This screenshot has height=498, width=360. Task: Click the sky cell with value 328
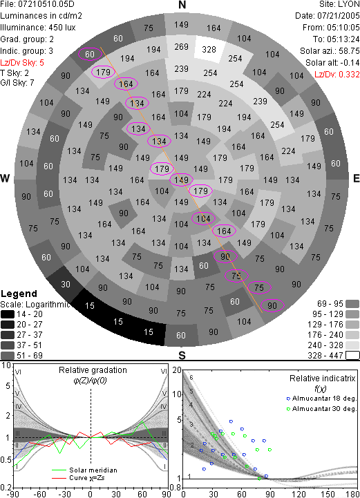point(209,50)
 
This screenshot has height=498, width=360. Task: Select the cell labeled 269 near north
point(182,47)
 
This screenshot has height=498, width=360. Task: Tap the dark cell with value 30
point(66,285)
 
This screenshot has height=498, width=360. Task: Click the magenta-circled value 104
point(203,218)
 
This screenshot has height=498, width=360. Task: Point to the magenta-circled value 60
point(90,55)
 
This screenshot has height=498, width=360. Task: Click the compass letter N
point(182,5)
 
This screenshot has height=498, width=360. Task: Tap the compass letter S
point(182,355)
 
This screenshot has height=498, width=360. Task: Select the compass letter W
point(5,178)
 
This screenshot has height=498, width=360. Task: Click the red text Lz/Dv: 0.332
point(337,75)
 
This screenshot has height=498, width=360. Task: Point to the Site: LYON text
point(339,4)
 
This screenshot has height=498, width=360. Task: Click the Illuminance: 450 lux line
point(38,28)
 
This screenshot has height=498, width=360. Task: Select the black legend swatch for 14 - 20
point(8,314)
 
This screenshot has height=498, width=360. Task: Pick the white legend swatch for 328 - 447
point(352,356)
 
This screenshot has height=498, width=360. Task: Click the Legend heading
point(19,294)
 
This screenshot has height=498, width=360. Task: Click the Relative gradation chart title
point(93,370)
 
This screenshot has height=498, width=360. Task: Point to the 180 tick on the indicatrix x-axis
point(353,494)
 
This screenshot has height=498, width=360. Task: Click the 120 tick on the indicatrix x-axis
point(299,494)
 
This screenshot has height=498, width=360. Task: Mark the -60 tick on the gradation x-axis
point(40,494)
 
